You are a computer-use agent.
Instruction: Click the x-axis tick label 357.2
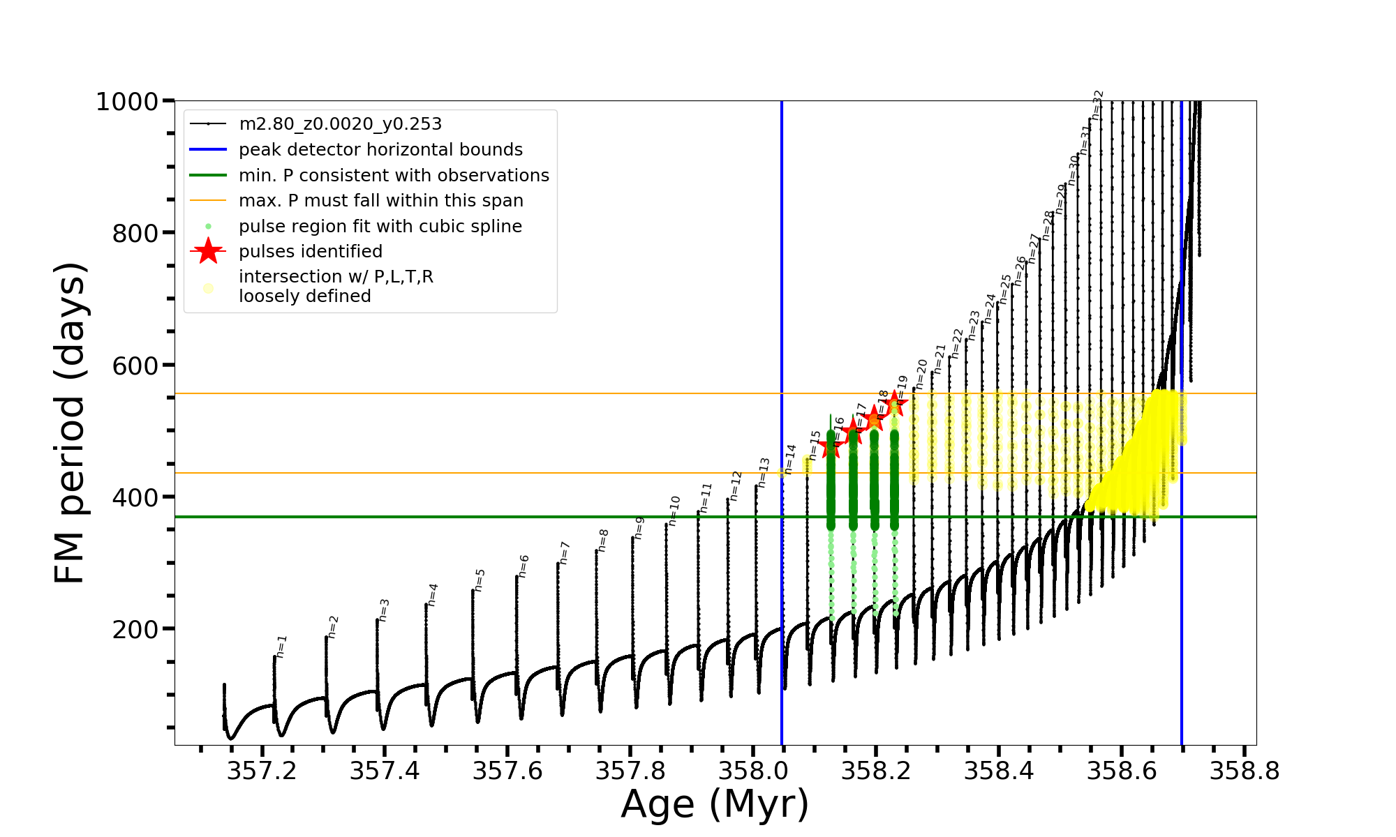(x=262, y=771)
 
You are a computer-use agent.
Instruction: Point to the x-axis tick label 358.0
(x=753, y=771)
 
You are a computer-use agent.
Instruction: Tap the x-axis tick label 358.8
(x=1245, y=771)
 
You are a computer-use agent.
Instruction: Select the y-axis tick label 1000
(x=127, y=102)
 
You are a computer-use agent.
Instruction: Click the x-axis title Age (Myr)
(x=715, y=804)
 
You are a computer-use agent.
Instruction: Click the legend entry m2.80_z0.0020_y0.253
(x=340, y=124)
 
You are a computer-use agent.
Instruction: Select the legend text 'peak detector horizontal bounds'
(x=380, y=150)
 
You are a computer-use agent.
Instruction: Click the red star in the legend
(x=208, y=251)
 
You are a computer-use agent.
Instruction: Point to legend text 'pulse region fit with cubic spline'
(x=380, y=227)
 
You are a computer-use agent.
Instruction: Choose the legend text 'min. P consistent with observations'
(x=394, y=176)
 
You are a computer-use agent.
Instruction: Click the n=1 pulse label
(x=281, y=647)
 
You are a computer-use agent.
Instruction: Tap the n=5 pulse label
(x=480, y=580)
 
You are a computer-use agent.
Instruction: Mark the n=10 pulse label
(x=674, y=511)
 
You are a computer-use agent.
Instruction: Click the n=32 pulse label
(x=1097, y=105)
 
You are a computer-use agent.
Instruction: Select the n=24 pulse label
(x=990, y=308)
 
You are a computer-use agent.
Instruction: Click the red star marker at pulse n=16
(x=830, y=446)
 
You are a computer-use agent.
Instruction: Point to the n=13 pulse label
(x=764, y=472)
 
